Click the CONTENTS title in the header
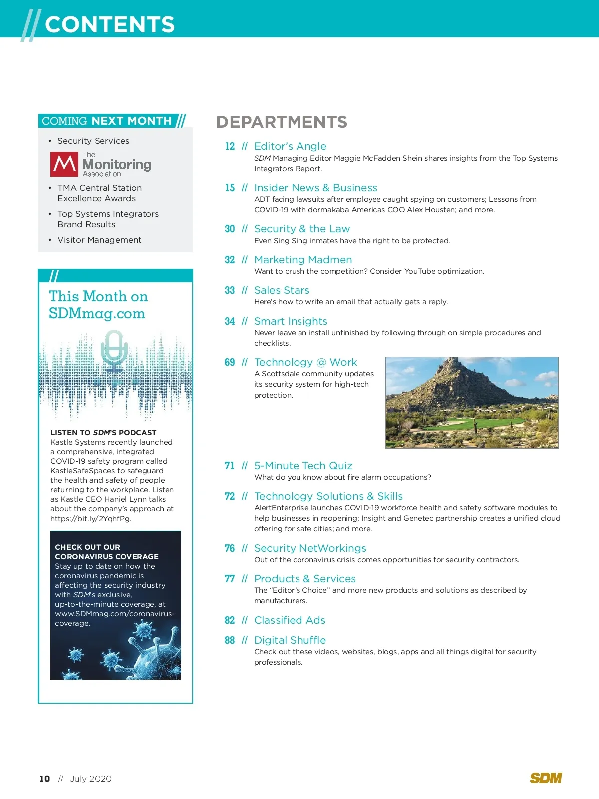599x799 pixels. point(110,24)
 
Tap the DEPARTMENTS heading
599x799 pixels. point(282,122)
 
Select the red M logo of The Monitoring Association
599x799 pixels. point(64,164)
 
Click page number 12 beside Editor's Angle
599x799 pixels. point(230,146)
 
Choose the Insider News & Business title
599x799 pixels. point(315,188)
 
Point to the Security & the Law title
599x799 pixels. point(302,229)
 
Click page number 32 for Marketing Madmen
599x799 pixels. point(230,260)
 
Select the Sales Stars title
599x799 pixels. point(282,290)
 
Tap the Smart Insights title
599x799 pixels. point(291,321)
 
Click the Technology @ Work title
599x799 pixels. point(305,362)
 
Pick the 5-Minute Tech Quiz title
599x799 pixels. point(303,466)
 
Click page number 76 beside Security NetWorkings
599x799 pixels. point(230,548)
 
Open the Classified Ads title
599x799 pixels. point(290,620)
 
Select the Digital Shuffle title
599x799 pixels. point(290,640)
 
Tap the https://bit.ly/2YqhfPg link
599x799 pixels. point(90,519)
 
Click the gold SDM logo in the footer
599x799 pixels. point(546,778)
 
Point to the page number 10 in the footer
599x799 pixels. point(45,779)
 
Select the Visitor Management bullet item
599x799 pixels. point(99,240)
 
